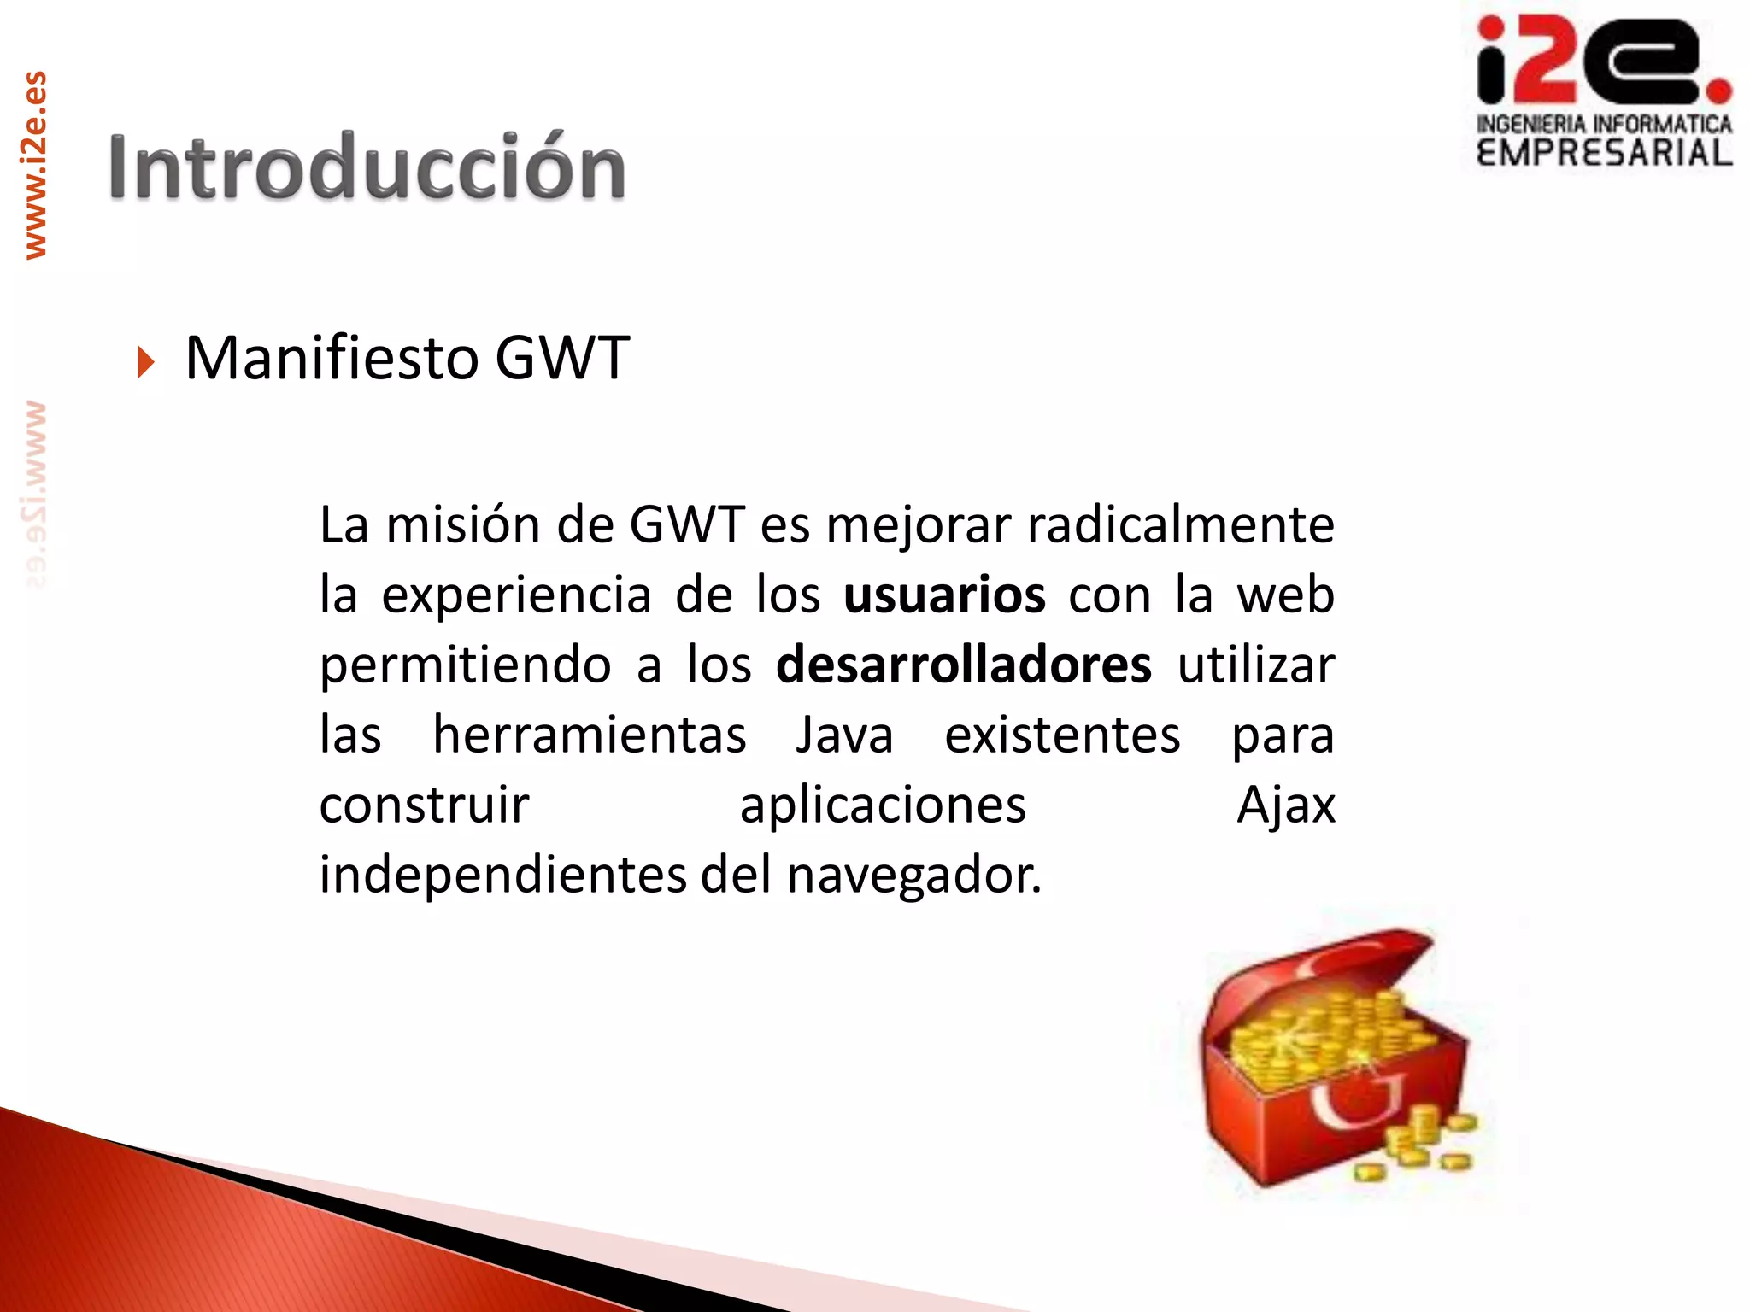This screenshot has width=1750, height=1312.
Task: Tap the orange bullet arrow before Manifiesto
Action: tap(146, 362)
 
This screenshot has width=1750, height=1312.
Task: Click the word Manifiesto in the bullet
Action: tap(331, 358)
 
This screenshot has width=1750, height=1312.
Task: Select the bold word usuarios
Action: tap(944, 595)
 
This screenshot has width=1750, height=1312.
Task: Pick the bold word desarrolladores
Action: tap(963, 665)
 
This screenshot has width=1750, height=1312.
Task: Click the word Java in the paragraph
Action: tap(844, 735)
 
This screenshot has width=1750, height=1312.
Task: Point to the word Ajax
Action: tap(1286, 805)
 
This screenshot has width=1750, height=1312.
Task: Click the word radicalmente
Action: tap(1180, 525)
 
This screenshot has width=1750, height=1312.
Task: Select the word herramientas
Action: tap(590, 735)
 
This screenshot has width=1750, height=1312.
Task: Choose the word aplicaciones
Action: tap(883, 805)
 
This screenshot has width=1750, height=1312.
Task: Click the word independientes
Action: tap(502, 876)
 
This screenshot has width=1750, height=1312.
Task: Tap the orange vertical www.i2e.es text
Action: tap(35, 165)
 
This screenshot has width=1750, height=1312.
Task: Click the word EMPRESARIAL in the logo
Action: tap(1604, 153)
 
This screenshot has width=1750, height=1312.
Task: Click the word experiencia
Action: tap(516, 595)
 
